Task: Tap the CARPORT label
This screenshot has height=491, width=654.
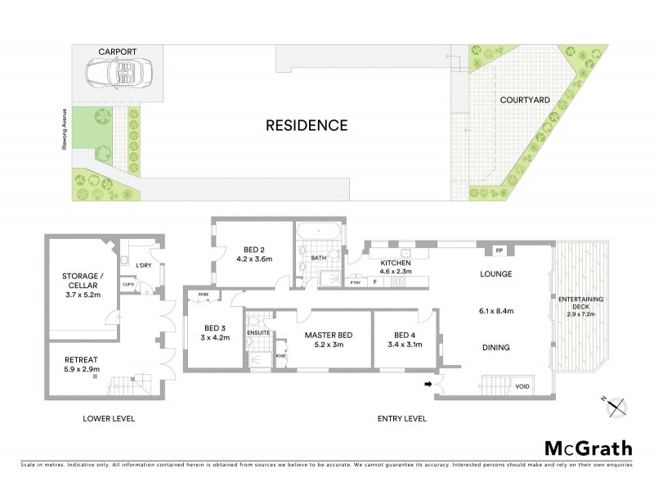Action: [117, 52]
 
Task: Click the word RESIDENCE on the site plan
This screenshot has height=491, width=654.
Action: [307, 126]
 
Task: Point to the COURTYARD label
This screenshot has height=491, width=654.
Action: [525, 100]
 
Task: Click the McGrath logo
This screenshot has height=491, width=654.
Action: [589, 448]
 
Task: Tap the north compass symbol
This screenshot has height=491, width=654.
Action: [616, 404]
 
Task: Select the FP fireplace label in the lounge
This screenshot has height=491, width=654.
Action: [499, 250]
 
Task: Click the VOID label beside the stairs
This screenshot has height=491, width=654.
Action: [522, 386]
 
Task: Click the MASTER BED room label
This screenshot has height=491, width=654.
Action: [328, 335]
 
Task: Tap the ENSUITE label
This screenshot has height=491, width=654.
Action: [258, 332]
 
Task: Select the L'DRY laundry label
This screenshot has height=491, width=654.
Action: [144, 265]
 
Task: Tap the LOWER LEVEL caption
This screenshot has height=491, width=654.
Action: [109, 419]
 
